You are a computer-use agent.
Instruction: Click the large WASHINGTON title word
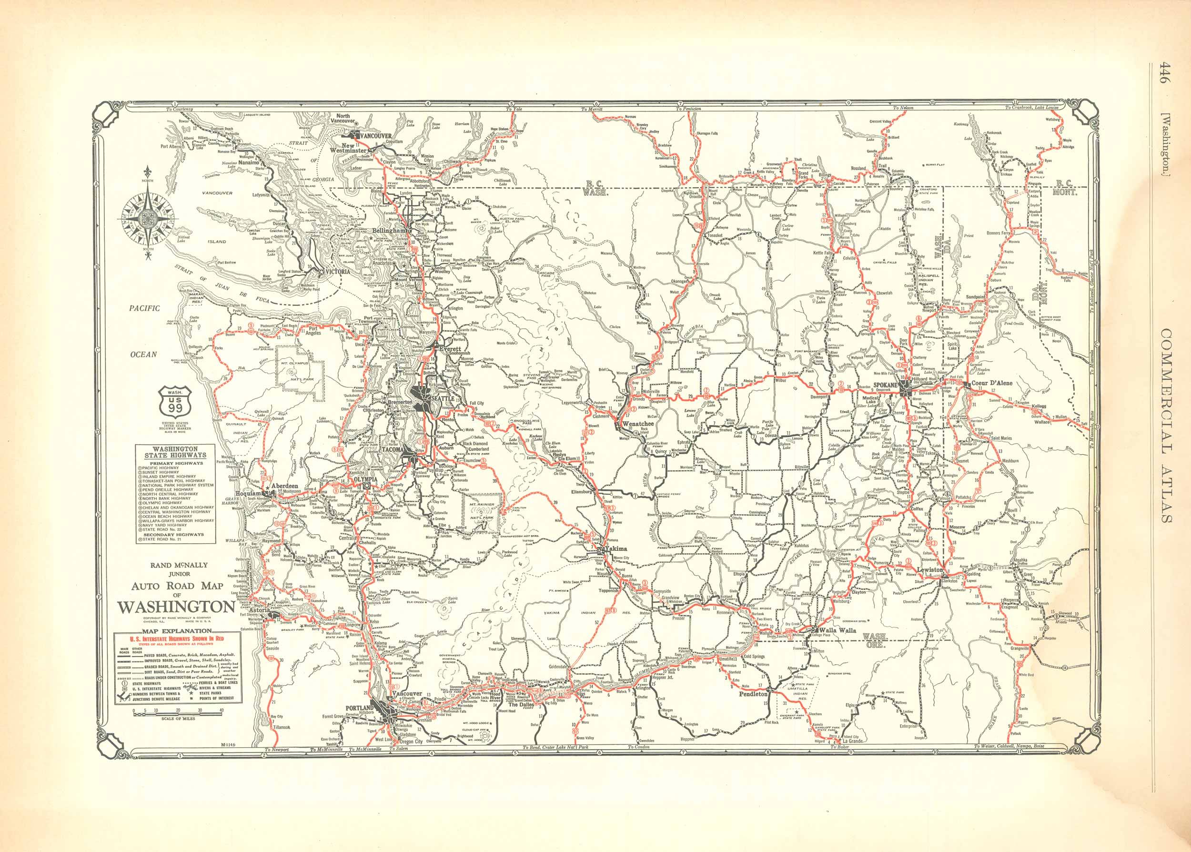176,607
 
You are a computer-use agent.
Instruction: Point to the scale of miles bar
178,712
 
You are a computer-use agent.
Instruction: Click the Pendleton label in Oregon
753,694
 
